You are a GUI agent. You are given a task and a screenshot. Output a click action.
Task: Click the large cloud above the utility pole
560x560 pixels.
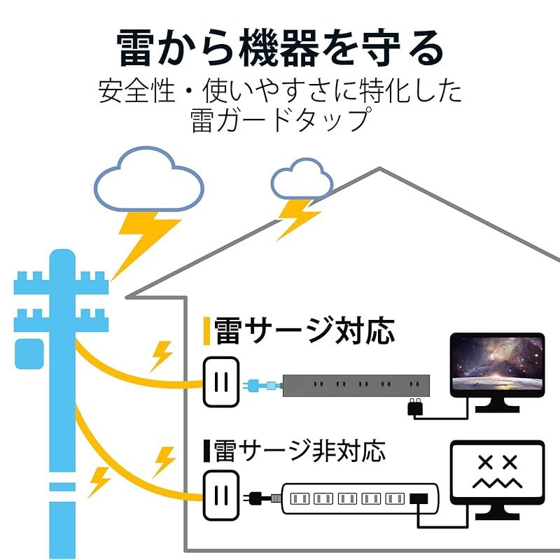149,178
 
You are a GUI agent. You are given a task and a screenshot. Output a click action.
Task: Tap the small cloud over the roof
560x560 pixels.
302,178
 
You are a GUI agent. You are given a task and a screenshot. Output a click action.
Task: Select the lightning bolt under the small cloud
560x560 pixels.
298,218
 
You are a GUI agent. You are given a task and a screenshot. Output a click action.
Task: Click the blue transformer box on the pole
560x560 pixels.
29,354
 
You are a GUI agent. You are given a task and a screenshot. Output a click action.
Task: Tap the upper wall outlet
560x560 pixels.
221,382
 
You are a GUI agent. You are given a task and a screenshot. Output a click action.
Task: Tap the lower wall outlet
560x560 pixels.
221,496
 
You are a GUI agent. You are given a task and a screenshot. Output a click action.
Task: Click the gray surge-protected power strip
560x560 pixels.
356,386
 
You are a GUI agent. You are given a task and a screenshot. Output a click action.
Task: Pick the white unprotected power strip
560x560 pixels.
360,499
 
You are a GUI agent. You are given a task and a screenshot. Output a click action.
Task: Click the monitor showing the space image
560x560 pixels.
497,372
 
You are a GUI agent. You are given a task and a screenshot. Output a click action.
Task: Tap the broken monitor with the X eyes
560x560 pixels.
497,479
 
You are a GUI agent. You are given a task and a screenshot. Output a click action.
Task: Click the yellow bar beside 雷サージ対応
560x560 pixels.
206,331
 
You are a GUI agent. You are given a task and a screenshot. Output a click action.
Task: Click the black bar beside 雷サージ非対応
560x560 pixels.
206,450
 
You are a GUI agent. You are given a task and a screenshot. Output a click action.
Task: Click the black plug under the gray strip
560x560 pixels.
415,407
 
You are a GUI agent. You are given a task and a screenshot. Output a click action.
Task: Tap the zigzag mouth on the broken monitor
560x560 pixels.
497,484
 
